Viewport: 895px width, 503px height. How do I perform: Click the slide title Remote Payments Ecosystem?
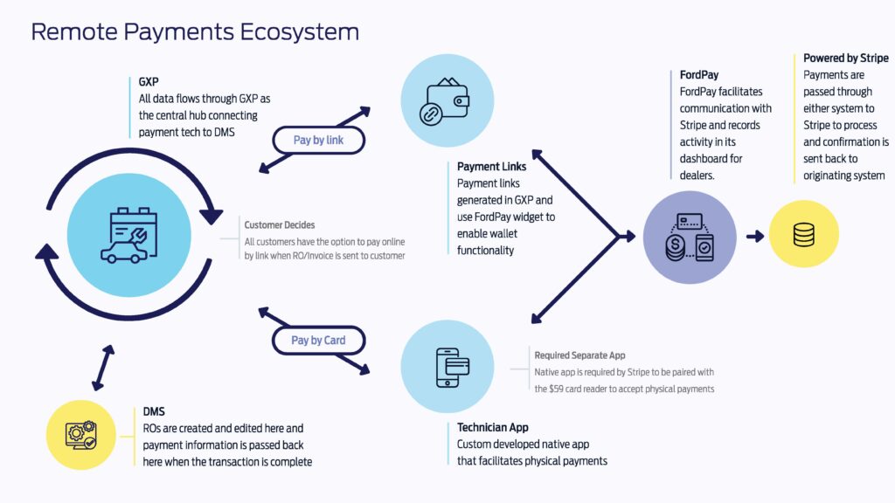click(x=195, y=32)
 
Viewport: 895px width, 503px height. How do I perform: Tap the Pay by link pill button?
click(x=318, y=141)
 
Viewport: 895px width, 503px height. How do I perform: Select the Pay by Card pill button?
click(x=318, y=341)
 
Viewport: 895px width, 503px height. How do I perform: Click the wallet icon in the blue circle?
click(x=445, y=101)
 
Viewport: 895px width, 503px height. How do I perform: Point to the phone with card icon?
click(x=452, y=368)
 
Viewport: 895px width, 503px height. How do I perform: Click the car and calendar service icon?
click(x=129, y=236)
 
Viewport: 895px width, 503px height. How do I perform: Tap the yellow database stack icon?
click(x=804, y=234)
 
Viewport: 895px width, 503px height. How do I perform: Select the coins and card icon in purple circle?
click(x=690, y=238)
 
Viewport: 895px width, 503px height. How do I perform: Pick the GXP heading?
click(x=149, y=81)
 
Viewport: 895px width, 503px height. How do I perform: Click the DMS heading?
click(x=154, y=411)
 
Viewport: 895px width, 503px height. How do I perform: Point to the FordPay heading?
click(x=698, y=75)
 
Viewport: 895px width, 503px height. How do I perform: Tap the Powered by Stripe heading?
click(x=845, y=59)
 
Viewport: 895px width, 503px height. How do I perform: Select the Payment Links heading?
click(x=491, y=167)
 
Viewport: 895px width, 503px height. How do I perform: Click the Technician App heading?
click(x=493, y=427)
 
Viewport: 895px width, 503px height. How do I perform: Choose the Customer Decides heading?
click(x=279, y=224)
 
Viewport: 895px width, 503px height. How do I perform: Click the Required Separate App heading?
click(x=579, y=355)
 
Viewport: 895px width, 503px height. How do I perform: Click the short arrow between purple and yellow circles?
click(x=755, y=236)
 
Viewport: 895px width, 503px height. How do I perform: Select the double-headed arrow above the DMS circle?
click(x=103, y=368)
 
